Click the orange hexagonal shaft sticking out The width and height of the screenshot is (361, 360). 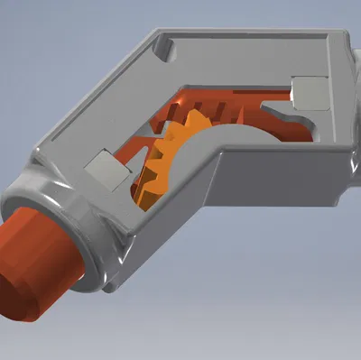tap(41, 262)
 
